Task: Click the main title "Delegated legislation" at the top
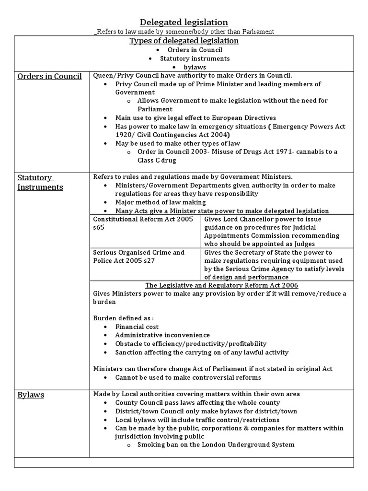[184, 22]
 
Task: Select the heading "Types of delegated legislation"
[184, 41]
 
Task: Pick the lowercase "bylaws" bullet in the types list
[195, 67]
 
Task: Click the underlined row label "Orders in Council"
[49, 76]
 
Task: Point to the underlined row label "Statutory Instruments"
[40, 182]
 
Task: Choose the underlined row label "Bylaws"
[31, 395]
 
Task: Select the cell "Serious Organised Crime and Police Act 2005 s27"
[138, 256]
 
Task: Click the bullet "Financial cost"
[137, 327]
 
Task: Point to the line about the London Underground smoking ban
[216, 444]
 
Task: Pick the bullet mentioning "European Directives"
[195, 117]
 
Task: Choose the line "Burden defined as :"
[123, 318]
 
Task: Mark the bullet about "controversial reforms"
[188, 377]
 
